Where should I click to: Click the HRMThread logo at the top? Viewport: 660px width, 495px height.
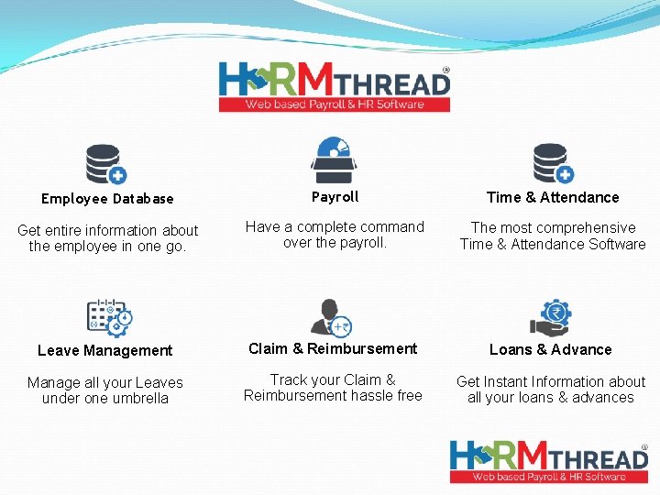pos(335,87)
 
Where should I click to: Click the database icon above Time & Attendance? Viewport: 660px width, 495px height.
pos(553,163)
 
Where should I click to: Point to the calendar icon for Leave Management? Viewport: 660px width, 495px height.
pos(109,316)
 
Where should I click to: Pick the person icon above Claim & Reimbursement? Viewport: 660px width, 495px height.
pos(330,316)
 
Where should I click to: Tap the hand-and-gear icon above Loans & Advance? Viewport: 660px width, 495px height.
pos(551,317)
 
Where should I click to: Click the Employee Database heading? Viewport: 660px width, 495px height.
pos(107,199)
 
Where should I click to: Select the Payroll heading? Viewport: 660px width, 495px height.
pos(335,197)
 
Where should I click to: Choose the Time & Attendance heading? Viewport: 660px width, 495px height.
pos(553,197)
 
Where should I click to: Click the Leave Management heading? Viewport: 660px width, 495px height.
pos(105,350)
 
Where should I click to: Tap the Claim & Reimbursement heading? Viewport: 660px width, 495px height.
pos(333,348)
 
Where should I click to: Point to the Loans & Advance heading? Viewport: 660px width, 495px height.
pos(551,349)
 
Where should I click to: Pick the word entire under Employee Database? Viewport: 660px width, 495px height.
pos(67,230)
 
